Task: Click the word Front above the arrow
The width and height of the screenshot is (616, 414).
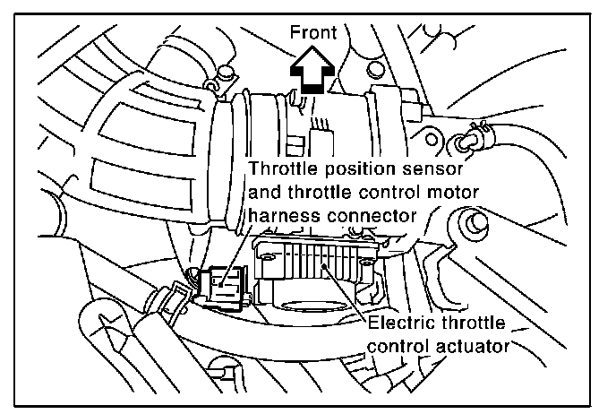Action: pos(312,33)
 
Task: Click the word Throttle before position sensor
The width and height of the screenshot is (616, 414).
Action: pos(284,168)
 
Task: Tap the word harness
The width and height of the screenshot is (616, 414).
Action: pos(284,215)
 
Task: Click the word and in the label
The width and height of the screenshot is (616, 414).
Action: pos(266,192)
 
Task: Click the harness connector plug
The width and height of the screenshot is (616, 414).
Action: pos(218,286)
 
